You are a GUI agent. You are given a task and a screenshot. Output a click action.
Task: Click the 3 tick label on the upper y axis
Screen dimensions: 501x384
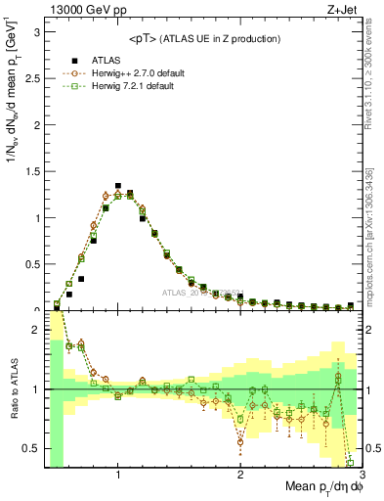click(x=35, y=32)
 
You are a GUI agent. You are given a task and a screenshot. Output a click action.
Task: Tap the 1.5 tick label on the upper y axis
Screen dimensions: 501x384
click(x=30, y=172)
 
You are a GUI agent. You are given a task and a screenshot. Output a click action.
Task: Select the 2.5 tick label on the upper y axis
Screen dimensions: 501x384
click(x=30, y=79)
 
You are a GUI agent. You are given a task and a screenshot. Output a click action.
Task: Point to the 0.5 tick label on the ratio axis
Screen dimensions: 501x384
click(x=30, y=448)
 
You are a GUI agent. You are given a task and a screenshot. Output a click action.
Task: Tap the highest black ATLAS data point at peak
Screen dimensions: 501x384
click(x=118, y=185)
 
